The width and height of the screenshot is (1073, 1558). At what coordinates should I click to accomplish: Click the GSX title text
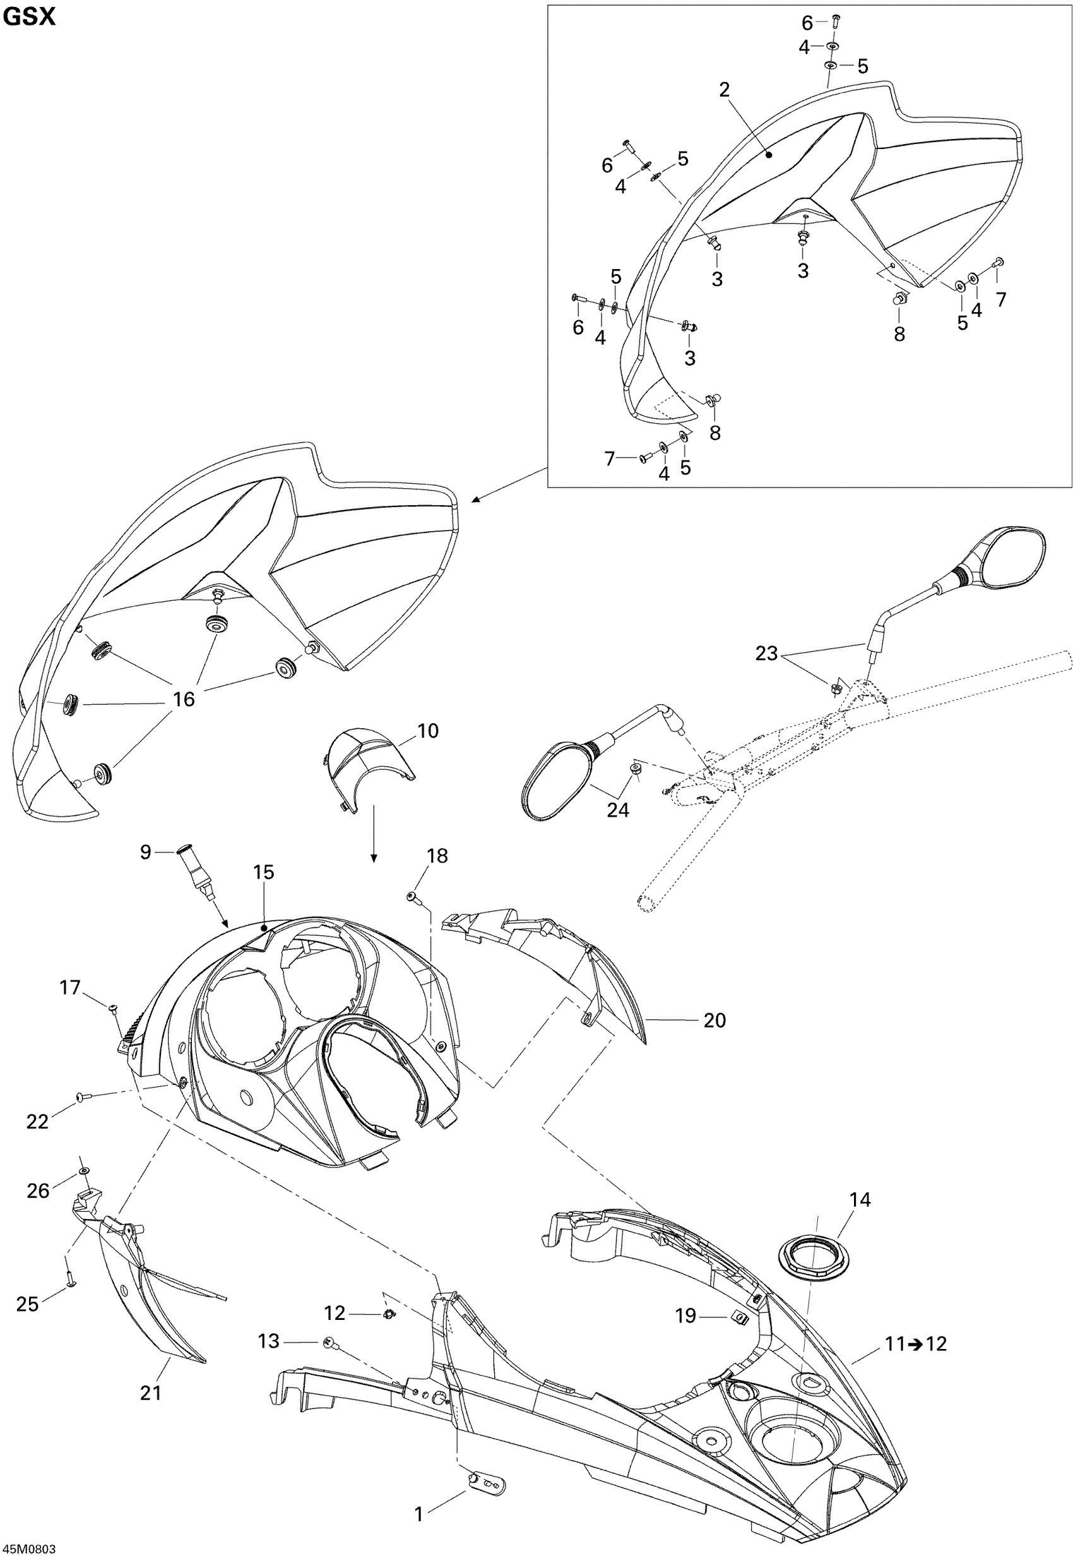(29, 17)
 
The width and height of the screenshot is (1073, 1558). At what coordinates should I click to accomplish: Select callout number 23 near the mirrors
(766, 653)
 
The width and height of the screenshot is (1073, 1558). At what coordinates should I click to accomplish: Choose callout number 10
(427, 731)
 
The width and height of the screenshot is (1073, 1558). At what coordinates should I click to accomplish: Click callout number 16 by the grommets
(184, 700)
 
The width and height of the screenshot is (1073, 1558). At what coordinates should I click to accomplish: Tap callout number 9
(146, 853)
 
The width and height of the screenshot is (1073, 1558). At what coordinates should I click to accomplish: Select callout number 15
(264, 873)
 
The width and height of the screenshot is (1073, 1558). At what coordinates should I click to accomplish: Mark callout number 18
(437, 856)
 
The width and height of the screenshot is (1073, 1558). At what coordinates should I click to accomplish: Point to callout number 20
(714, 1021)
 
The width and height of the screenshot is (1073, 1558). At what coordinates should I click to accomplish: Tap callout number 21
(151, 1392)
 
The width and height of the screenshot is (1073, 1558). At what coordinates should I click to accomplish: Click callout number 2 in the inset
(724, 90)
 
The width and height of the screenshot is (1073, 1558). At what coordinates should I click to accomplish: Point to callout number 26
(38, 1190)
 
